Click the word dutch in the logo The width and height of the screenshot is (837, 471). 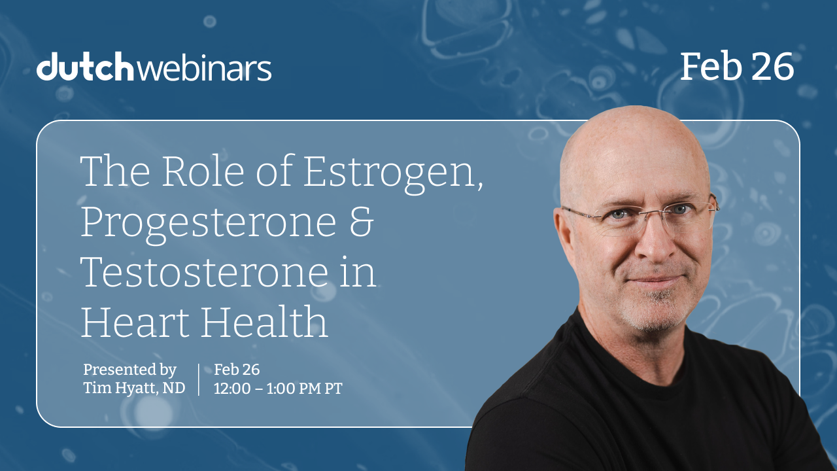(85, 67)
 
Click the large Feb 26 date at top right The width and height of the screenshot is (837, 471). (737, 66)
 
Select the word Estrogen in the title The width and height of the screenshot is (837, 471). (393, 173)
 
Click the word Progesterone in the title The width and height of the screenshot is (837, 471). (208, 223)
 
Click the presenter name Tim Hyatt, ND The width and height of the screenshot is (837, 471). (134, 388)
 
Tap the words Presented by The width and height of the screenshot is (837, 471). (129, 370)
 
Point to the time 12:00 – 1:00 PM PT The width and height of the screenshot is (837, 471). (278, 389)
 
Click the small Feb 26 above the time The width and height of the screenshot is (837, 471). (237, 370)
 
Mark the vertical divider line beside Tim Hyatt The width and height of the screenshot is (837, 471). (198, 379)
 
